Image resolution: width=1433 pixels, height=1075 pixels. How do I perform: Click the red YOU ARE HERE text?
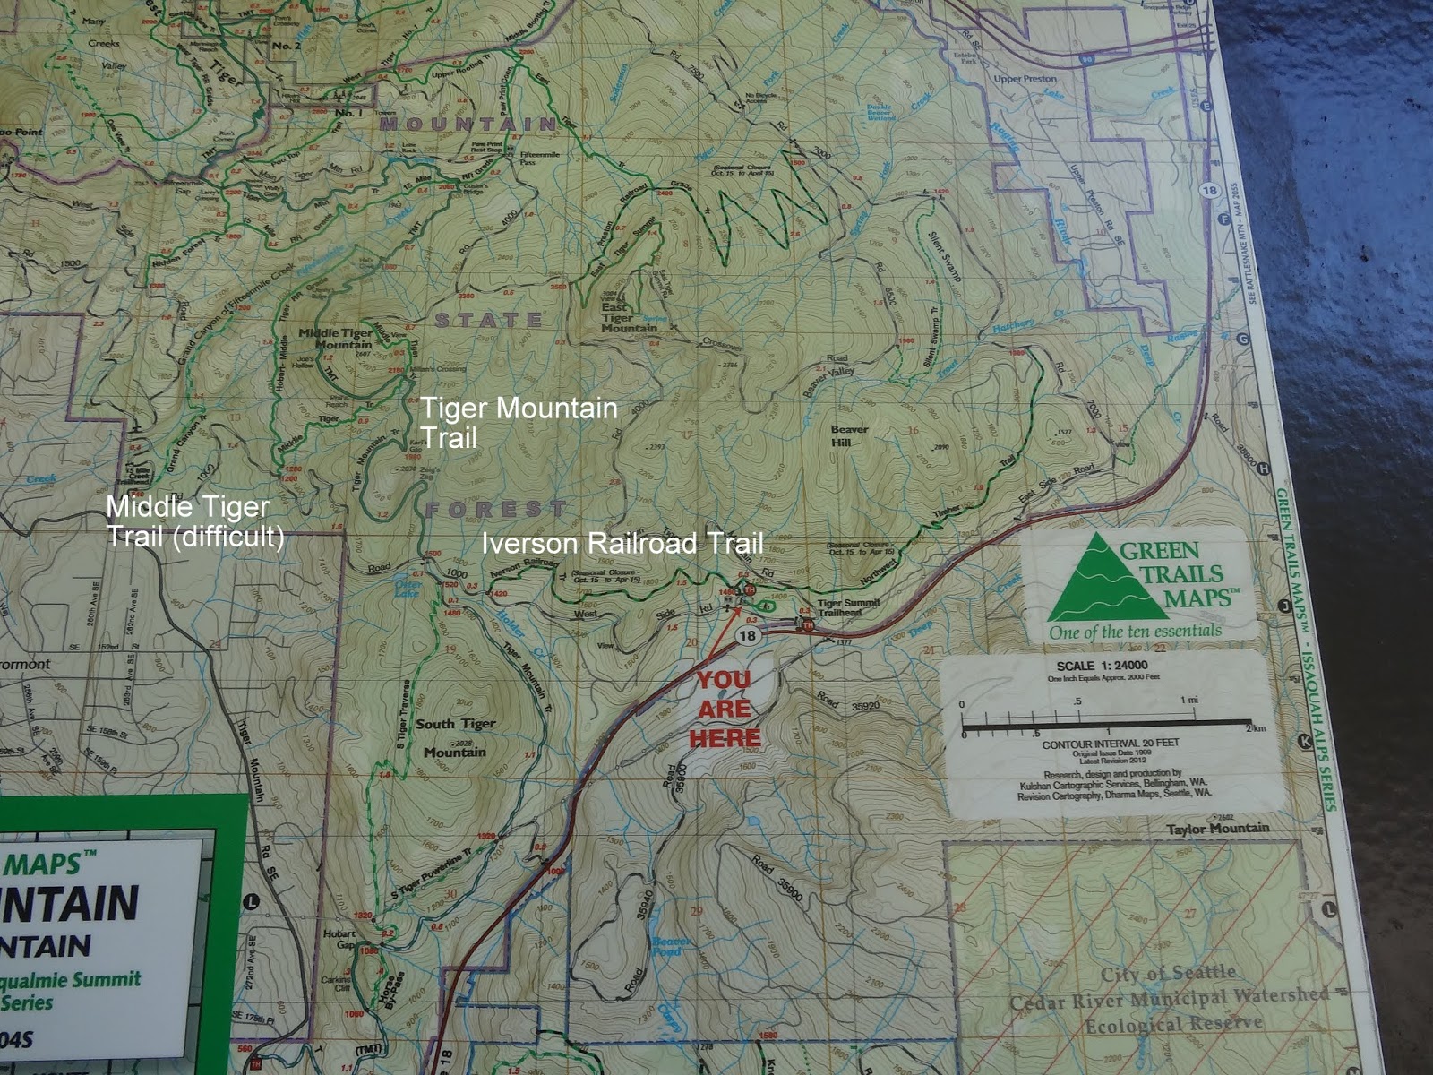[x=725, y=709]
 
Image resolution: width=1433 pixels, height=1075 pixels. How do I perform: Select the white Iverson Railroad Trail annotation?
[x=622, y=543]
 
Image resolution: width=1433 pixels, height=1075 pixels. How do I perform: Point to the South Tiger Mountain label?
[x=455, y=737]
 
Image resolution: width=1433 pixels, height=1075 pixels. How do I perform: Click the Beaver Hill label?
[x=849, y=435]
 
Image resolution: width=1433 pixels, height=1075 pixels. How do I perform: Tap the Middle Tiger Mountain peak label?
[x=335, y=339]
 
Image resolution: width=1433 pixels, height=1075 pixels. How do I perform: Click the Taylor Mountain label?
[x=1217, y=829]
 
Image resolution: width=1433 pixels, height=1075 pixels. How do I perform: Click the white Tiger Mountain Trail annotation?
[x=519, y=422]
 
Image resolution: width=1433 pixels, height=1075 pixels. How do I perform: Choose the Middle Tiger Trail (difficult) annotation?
[x=195, y=521]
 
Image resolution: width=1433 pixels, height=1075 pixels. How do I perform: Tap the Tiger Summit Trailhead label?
[x=839, y=607]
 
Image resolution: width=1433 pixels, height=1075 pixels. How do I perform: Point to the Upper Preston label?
[x=1025, y=79]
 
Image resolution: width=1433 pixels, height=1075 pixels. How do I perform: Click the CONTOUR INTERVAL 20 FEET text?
[x=1111, y=744]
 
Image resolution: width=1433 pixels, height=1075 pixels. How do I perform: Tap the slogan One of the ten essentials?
[x=1135, y=631]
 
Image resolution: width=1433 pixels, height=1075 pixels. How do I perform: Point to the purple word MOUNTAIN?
[x=468, y=125]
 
